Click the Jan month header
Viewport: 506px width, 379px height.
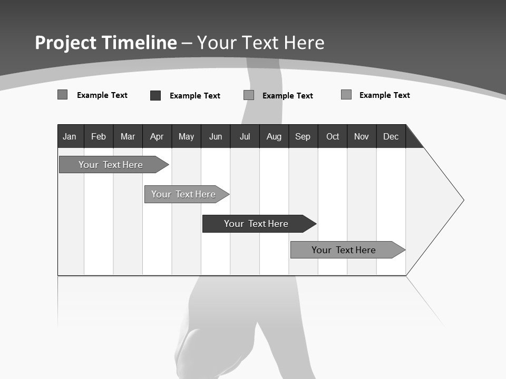point(70,136)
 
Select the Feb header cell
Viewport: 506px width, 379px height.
point(99,136)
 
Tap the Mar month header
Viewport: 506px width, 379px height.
point(128,136)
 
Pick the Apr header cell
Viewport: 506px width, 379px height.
point(157,136)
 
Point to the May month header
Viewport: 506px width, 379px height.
point(186,136)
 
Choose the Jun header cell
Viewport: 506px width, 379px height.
point(216,136)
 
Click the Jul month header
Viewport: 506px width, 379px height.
point(245,136)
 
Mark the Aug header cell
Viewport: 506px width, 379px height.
point(274,136)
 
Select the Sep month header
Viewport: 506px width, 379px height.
point(303,136)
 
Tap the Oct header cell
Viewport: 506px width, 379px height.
point(333,136)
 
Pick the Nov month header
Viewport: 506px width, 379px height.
point(362,136)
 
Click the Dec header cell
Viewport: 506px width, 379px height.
point(391,136)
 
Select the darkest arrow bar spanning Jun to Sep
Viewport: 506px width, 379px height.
point(256,224)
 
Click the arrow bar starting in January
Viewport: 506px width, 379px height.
point(111,165)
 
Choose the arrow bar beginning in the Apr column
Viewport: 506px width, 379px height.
point(183,194)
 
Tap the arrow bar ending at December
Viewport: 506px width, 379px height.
point(344,250)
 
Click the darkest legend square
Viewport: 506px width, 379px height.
point(155,95)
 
